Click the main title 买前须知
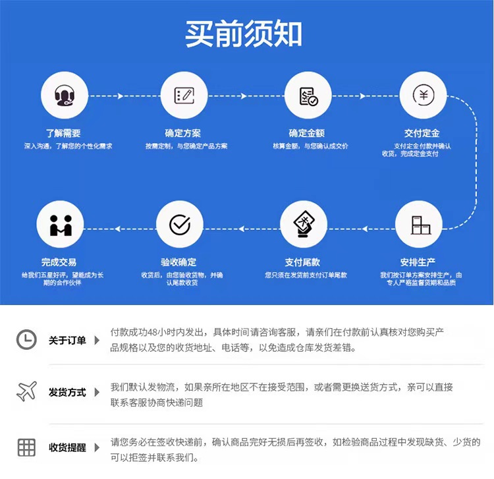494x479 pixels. click(x=244, y=34)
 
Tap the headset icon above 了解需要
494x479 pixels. click(x=64, y=96)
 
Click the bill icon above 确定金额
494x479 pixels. click(x=308, y=96)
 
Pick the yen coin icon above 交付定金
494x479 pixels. click(x=424, y=96)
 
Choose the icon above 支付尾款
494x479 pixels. click(x=304, y=225)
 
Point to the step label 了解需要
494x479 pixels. click(x=63, y=133)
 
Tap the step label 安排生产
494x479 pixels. click(x=418, y=262)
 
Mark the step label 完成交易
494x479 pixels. click(x=59, y=262)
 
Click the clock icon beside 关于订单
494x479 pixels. click(x=26, y=339)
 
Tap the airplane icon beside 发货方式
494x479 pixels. click(x=26, y=391)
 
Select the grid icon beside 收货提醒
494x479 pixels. click(x=26, y=447)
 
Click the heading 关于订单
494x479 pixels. click(x=67, y=341)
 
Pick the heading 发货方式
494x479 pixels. click(x=67, y=393)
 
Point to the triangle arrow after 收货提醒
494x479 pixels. click(x=97, y=448)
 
